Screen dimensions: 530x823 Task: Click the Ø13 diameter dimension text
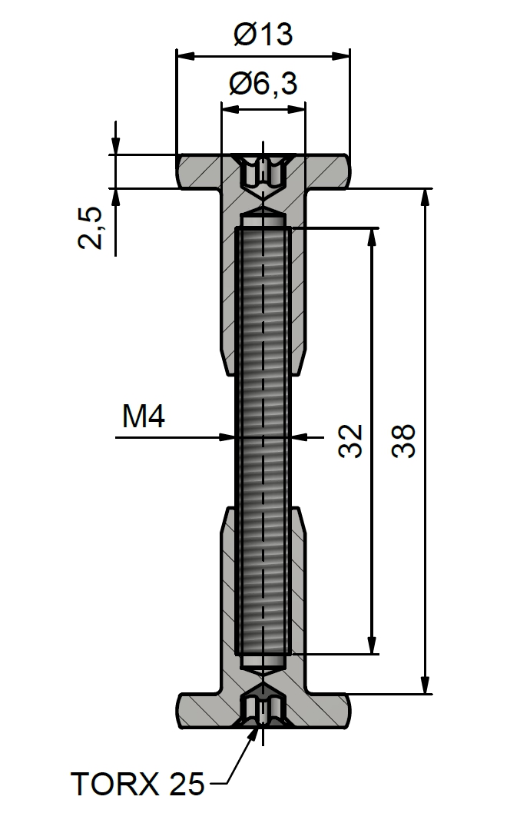click(x=263, y=34)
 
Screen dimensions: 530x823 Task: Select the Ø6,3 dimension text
click(x=263, y=84)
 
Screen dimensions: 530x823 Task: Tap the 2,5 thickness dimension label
click(x=90, y=227)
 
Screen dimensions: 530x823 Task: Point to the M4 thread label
click(x=144, y=416)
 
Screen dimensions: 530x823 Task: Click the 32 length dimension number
click(x=350, y=441)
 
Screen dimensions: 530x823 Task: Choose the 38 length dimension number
click(x=403, y=441)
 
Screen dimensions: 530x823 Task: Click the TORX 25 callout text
click(x=137, y=785)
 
